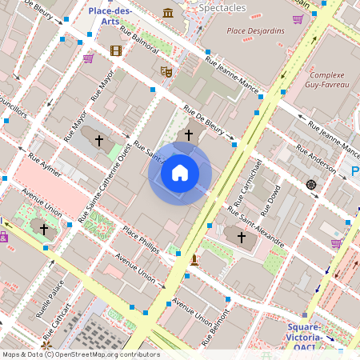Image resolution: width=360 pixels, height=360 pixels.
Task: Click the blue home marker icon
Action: [180, 173]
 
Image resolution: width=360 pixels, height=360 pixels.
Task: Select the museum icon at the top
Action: [168, 13]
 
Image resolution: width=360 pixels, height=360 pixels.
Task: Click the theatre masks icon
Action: [166, 71]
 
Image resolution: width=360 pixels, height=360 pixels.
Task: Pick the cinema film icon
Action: [116, 51]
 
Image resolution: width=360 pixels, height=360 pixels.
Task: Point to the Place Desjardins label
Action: [255, 31]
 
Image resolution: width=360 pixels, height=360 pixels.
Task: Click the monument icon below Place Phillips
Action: [194, 259]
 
